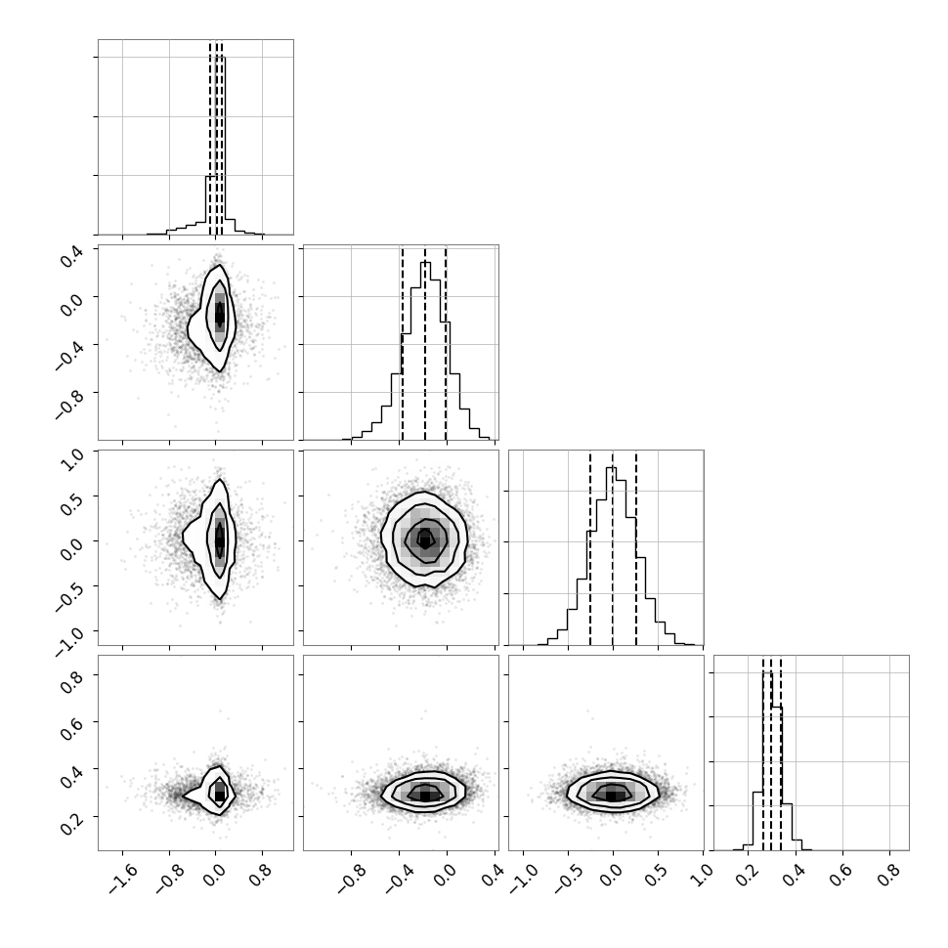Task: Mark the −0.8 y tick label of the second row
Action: click(69, 401)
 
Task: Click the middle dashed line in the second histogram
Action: click(425, 344)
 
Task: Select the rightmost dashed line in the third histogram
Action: click(636, 549)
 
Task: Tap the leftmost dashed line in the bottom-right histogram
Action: click(763, 754)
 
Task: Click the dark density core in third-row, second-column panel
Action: click(426, 539)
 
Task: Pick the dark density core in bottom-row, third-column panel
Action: click(613, 795)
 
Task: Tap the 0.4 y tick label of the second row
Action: click(70, 253)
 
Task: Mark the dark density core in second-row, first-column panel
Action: click(220, 313)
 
